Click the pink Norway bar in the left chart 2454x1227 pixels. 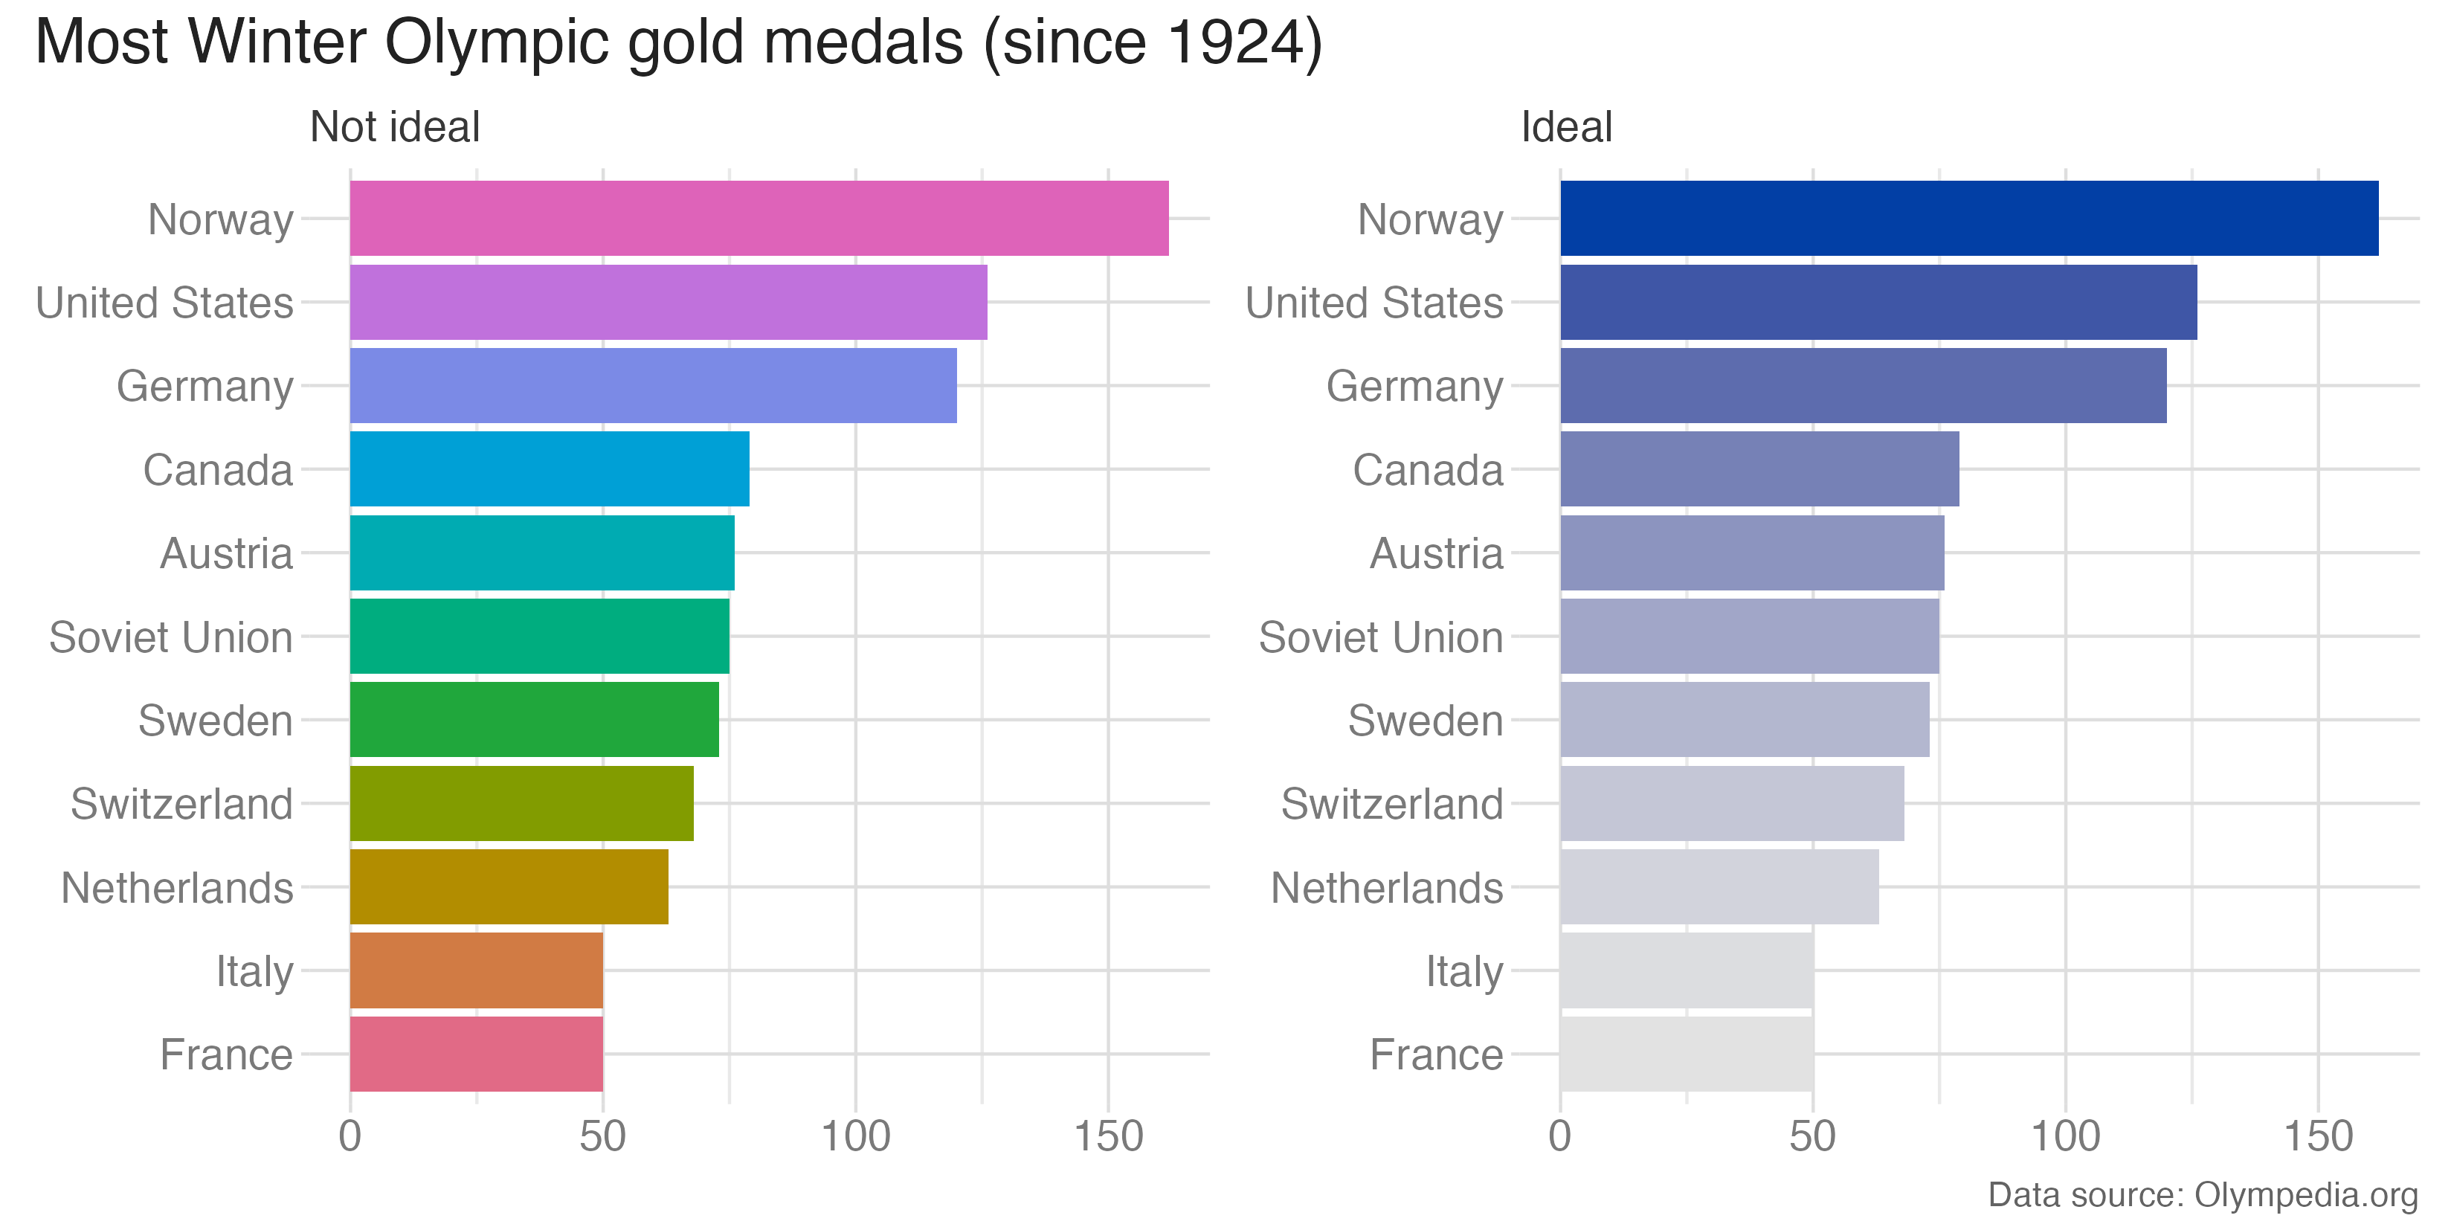tap(759, 218)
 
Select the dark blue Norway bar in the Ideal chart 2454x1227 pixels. tap(1968, 218)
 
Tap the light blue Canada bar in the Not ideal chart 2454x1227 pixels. tap(549, 468)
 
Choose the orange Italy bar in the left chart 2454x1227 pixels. tap(477, 970)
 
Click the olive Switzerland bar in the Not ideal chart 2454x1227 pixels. tap(521, 803)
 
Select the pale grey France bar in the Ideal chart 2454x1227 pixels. tap(1686, 1054)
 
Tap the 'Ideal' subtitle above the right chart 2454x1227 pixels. tap(1565, 126)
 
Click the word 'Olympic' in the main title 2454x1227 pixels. tap(495, 43)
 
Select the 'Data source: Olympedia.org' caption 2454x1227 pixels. tap(2203, 1194)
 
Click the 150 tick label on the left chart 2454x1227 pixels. tap(1108, 1136)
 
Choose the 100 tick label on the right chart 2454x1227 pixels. tap(2065, 1136)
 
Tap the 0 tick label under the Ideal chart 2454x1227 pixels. tap(1559, 1136)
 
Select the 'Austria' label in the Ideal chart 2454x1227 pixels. tap(1436, 553)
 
